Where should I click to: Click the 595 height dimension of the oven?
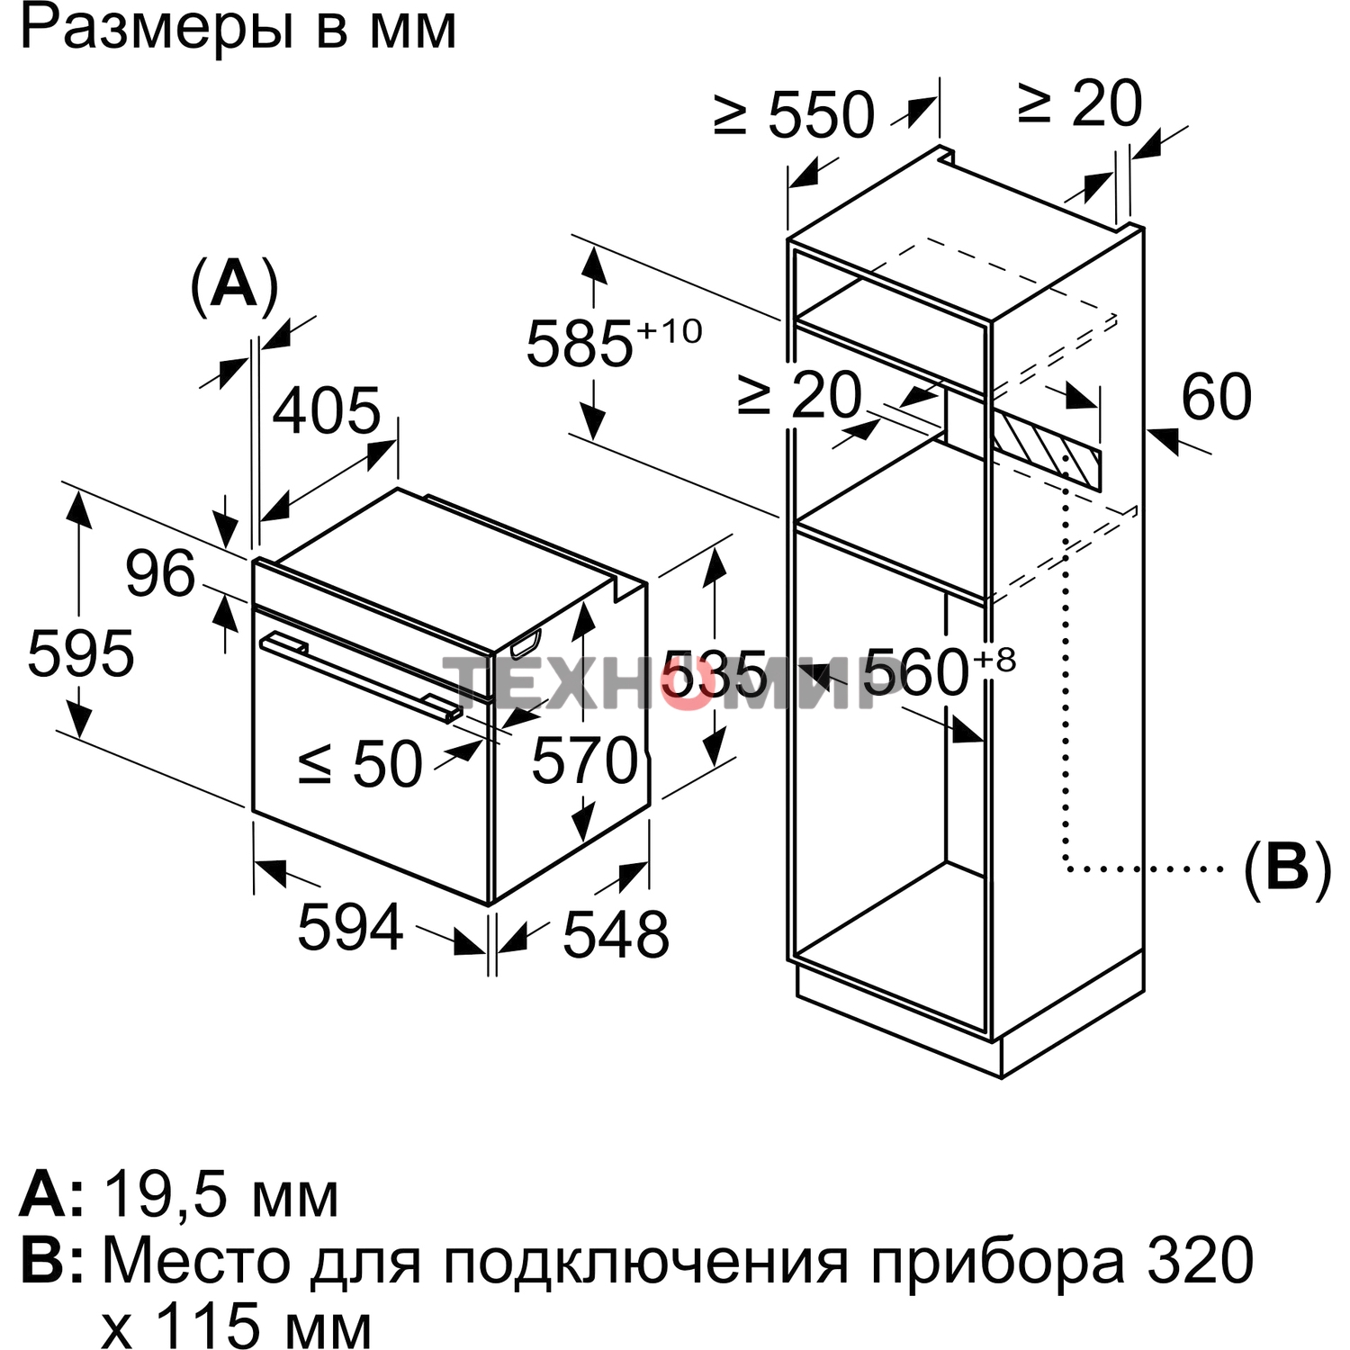(80, 653)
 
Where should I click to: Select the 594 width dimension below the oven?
(350, 927)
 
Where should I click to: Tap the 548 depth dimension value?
(616, 934)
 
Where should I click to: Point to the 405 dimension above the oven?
(327, 411)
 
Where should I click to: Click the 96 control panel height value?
(160, 573)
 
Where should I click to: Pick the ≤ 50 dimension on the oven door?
(360, 765)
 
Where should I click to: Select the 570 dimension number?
(585, 761)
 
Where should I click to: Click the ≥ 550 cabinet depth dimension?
(794, 115)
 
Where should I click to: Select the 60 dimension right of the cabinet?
(1216, 396)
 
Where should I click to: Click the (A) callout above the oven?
(234, 285)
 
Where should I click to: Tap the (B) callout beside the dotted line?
(1286, 869)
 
